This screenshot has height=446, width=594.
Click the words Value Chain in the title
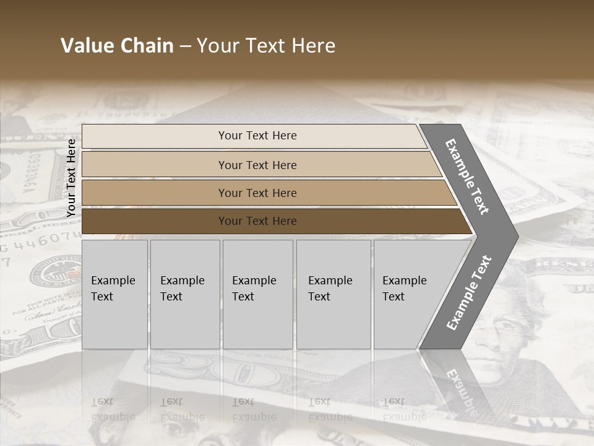tap(117, 46)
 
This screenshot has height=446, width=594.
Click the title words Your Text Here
tap(266, 46)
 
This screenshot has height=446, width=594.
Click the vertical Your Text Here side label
tap(71, 178)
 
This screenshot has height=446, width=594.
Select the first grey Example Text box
tap(114, 294)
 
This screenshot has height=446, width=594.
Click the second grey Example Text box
tap(184, 294)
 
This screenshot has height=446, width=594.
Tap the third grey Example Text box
tap(257, 294)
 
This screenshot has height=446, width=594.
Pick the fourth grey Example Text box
tap(333, 294)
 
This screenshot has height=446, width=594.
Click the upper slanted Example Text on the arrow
tap(468, 177)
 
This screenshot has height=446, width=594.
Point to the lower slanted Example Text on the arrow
tap(468, 292)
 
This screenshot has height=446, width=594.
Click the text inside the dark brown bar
tap(257, 221)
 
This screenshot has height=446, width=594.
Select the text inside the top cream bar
tap(257, 136)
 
